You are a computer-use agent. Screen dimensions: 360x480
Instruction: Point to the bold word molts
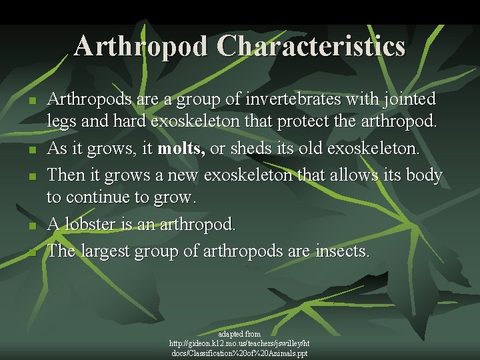(181, 148)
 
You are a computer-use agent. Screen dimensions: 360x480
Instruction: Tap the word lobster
(88, 225)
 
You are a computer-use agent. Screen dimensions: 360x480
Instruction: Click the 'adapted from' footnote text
(239, 333)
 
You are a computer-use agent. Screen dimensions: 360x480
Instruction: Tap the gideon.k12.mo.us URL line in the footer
(239, 343)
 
